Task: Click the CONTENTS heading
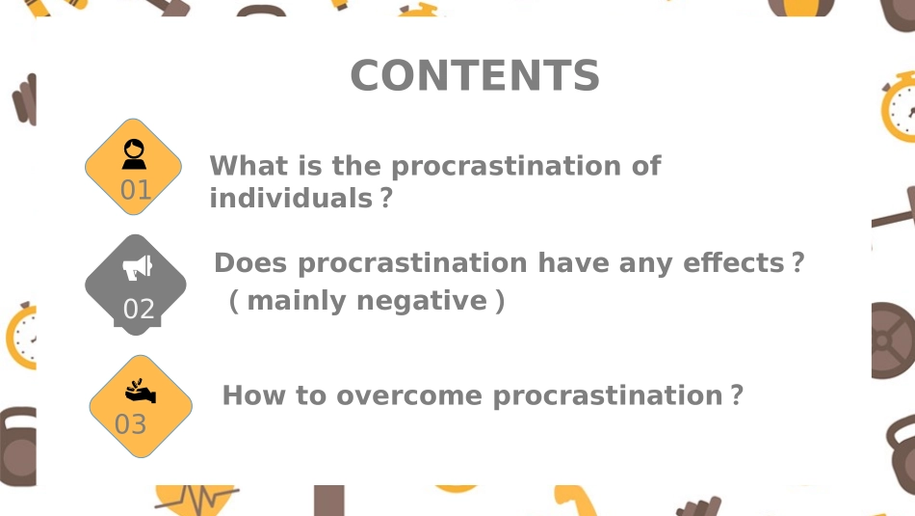[x=475, y=75]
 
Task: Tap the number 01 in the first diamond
[x=136, y=190]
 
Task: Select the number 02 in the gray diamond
[x=139, y=310]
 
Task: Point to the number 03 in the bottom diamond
[x=131, y=424]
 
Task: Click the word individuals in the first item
[x=290, y=199]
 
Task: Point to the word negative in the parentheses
[x=422, y=301]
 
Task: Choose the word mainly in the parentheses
[x=298, y=301]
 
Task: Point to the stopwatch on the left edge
[x=20, y=338]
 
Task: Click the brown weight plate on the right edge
[x=894, y=341]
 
